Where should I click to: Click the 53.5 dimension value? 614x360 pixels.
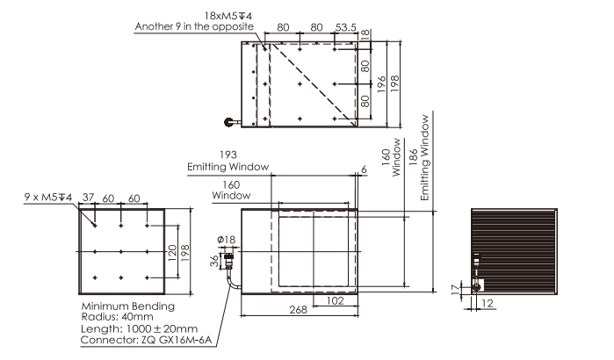(x=346, y=27)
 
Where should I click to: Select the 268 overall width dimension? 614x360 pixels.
(x=298, y=310)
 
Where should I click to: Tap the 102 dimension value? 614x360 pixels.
(x=335, y=300)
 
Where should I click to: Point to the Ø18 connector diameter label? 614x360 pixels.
(x=227, y=240)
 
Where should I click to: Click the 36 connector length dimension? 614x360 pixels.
(x=214, y=261)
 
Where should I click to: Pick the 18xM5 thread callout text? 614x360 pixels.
(x=228, y=16)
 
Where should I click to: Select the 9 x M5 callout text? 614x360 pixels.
(x=48, y=197)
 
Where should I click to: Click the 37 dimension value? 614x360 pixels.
(x=89, y=197)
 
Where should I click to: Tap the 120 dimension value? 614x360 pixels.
(x=172, y=253)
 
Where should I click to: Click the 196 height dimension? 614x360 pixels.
(x=381, y=84)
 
